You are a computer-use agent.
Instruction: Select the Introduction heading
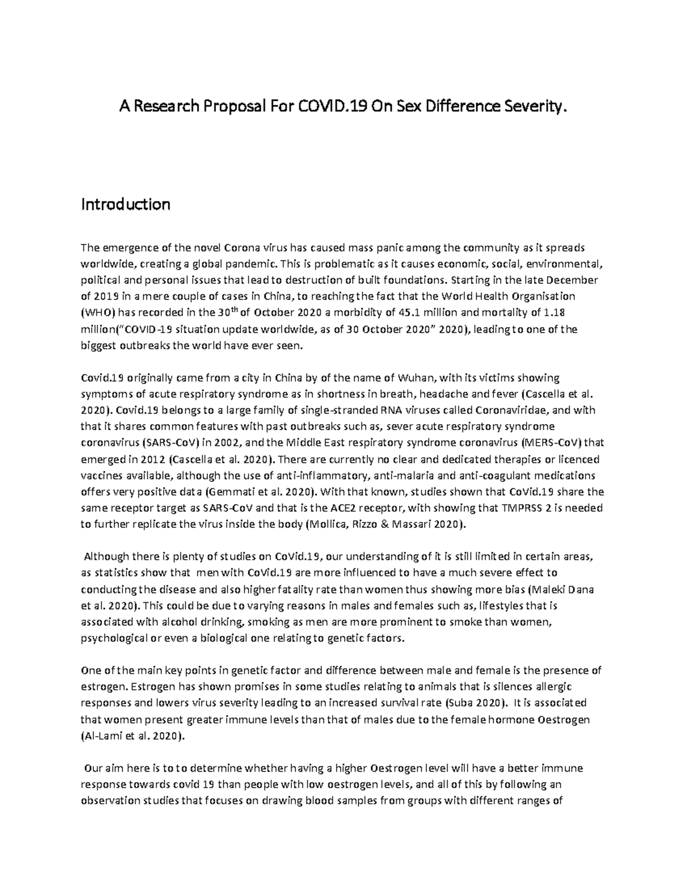(125, 204)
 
